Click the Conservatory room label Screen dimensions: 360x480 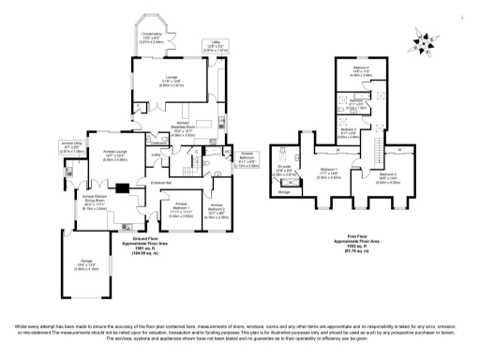pos(143,37)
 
